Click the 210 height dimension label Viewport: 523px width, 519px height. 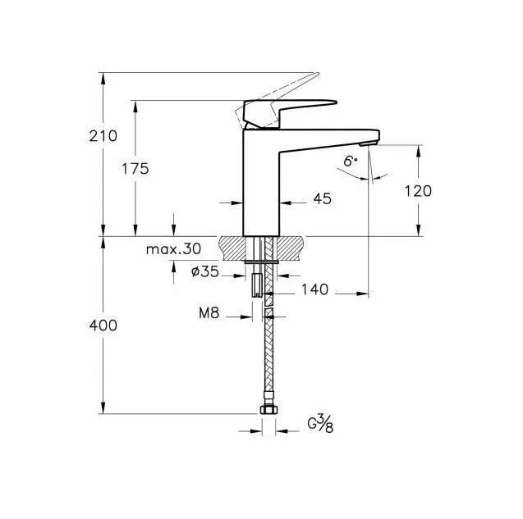103,136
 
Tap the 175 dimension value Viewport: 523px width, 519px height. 135,169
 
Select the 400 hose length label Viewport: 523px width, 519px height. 103,326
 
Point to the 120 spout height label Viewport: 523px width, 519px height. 418,191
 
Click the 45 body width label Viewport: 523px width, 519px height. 322,198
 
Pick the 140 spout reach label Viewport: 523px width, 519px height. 315,289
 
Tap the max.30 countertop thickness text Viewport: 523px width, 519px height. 173,248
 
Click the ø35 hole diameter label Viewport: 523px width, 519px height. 205,272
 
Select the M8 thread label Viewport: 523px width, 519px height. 209,313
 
